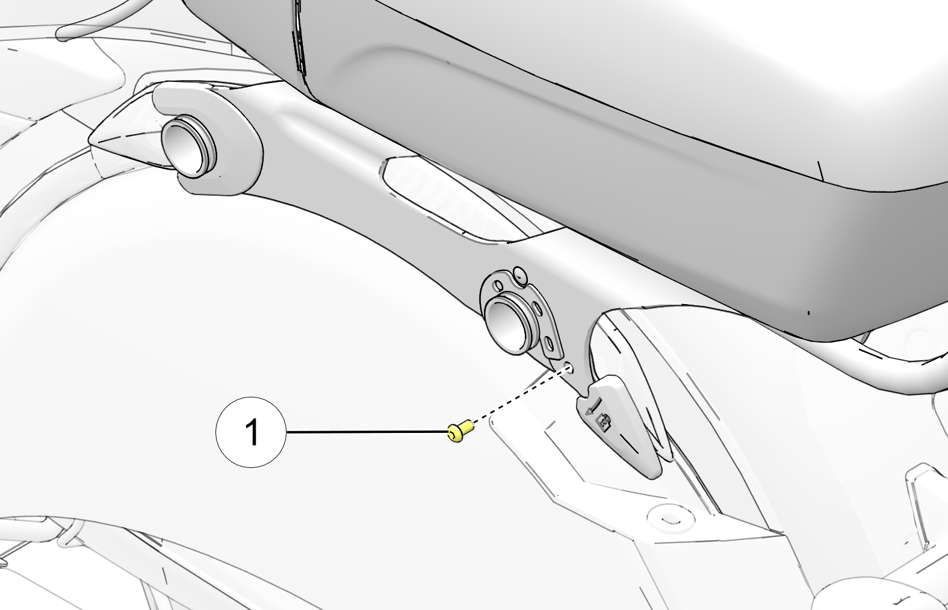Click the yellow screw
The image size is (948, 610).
(x=460, y=431)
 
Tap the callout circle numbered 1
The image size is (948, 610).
(x=251, y=432)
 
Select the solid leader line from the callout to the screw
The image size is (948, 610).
(x=367, y=432)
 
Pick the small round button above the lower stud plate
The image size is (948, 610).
(x=519, y=275)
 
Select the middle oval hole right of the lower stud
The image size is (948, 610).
(x=538, y=308)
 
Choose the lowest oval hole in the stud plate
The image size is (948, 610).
(x=548, y=342)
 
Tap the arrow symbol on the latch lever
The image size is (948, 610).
(x=592, y=409)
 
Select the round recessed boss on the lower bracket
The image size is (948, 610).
(x=670, y=517)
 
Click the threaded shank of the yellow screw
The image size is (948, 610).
(x=467, y=427)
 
